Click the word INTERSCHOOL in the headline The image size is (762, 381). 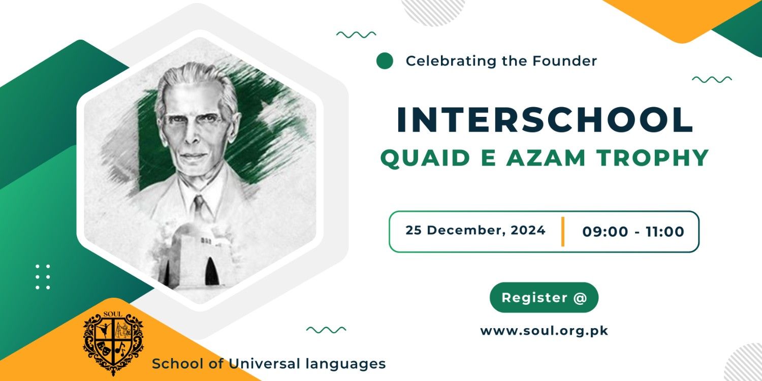(545, 120)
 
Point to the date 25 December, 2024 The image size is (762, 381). (475, 230)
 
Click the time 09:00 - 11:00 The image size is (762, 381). (633, 232)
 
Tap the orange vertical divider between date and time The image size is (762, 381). (563, 231)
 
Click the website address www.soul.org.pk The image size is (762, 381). (544, 331)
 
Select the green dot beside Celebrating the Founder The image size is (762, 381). (385, 61)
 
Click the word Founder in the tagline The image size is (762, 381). (564, 61)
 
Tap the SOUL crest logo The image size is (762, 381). (113, 343)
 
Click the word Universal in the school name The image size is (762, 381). (264, 364)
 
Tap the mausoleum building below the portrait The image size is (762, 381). (192, 259)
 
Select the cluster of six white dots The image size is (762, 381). (43, 277)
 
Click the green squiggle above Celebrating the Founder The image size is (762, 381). (356, 35)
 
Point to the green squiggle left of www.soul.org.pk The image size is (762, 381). (326, 329)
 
